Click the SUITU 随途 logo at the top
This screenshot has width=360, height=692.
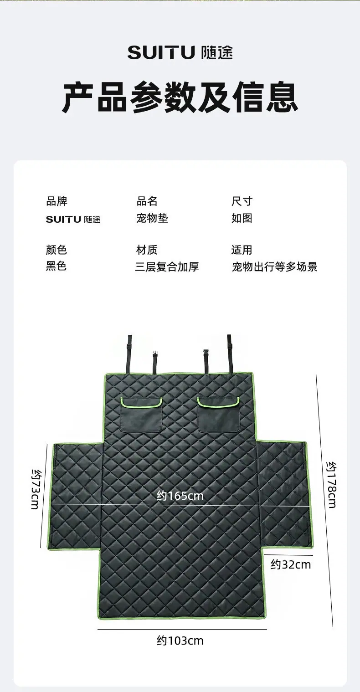(x=180, y=52)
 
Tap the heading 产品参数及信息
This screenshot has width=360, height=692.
(x=180, y=97)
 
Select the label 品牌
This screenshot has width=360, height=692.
(x=57, y=201)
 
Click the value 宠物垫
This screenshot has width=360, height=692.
(x=152, y=218)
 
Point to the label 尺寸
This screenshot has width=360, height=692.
(x=242, y=201)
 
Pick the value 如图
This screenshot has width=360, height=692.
(x=242, y=218)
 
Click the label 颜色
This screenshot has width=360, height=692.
(x=56, y=250)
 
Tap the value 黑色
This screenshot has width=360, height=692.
(x=56, y=266)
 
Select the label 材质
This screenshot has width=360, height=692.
(x=147, y=250)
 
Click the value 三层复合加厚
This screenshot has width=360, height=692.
(x=167, y=267)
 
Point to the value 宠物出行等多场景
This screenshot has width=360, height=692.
(x=275, y=267)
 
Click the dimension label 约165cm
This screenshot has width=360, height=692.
(x=180, y=496)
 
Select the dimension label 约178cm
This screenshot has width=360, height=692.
(x=331, y=485)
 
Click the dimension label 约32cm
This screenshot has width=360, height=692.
(x=291, y=564)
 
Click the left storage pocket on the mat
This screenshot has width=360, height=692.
(x=141, y=415)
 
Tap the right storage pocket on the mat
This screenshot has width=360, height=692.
(x=219, y=415)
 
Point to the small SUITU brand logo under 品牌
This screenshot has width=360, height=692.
(x=73, y=219)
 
